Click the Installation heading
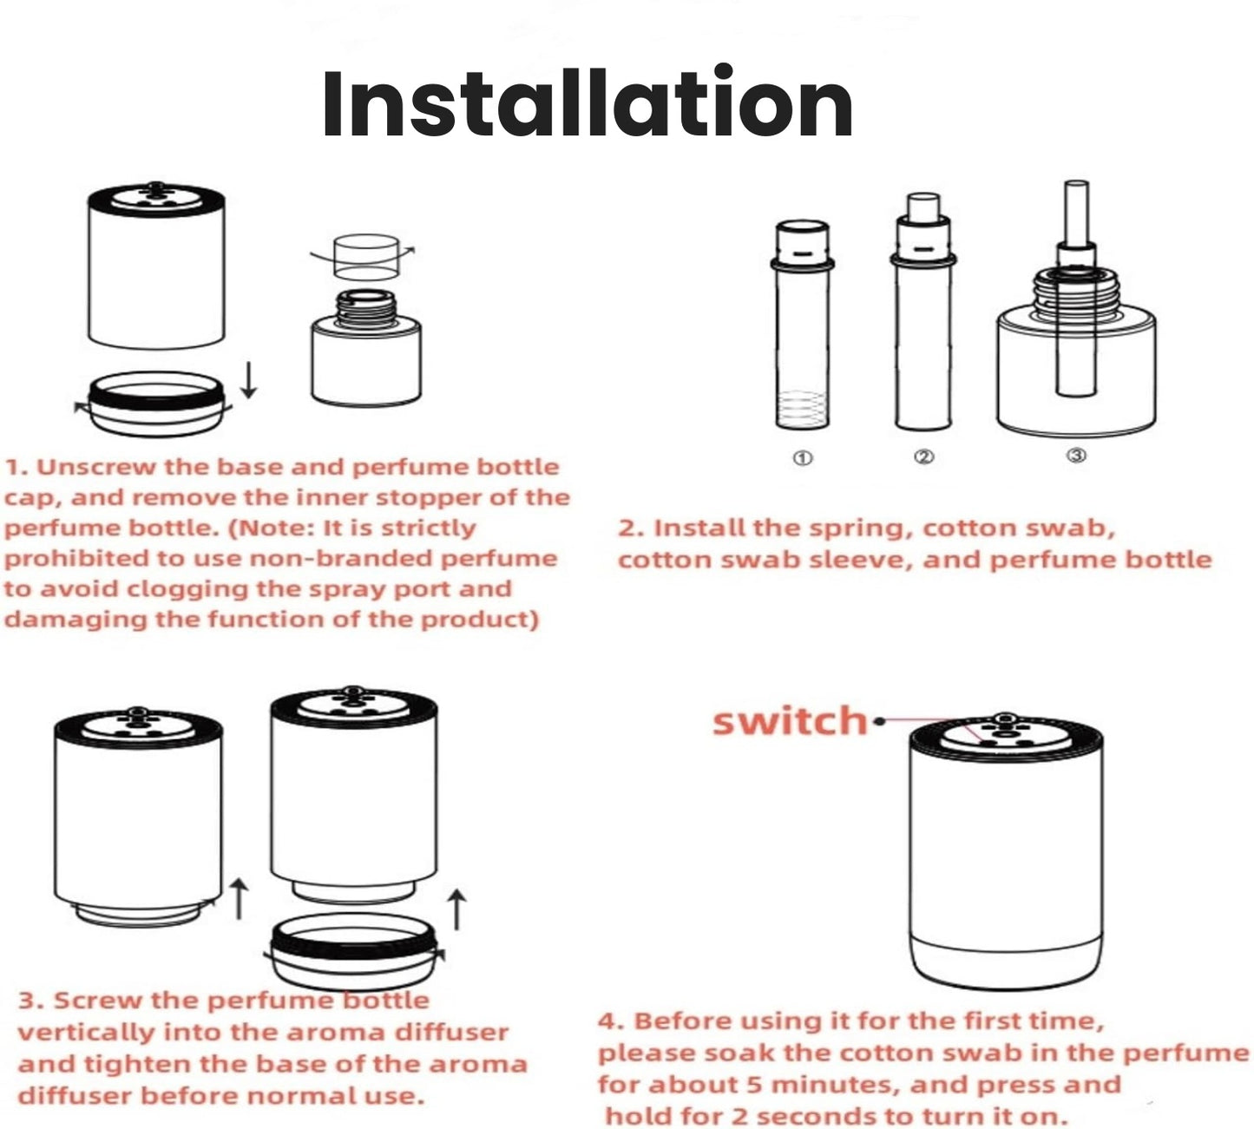point(588,104)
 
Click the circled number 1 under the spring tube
point(803,457)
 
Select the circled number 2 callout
point(924,456)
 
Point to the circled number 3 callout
point(1075,456)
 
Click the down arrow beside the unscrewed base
point(249,381)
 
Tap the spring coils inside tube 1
point(803,406)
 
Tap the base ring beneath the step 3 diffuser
point(356,948)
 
